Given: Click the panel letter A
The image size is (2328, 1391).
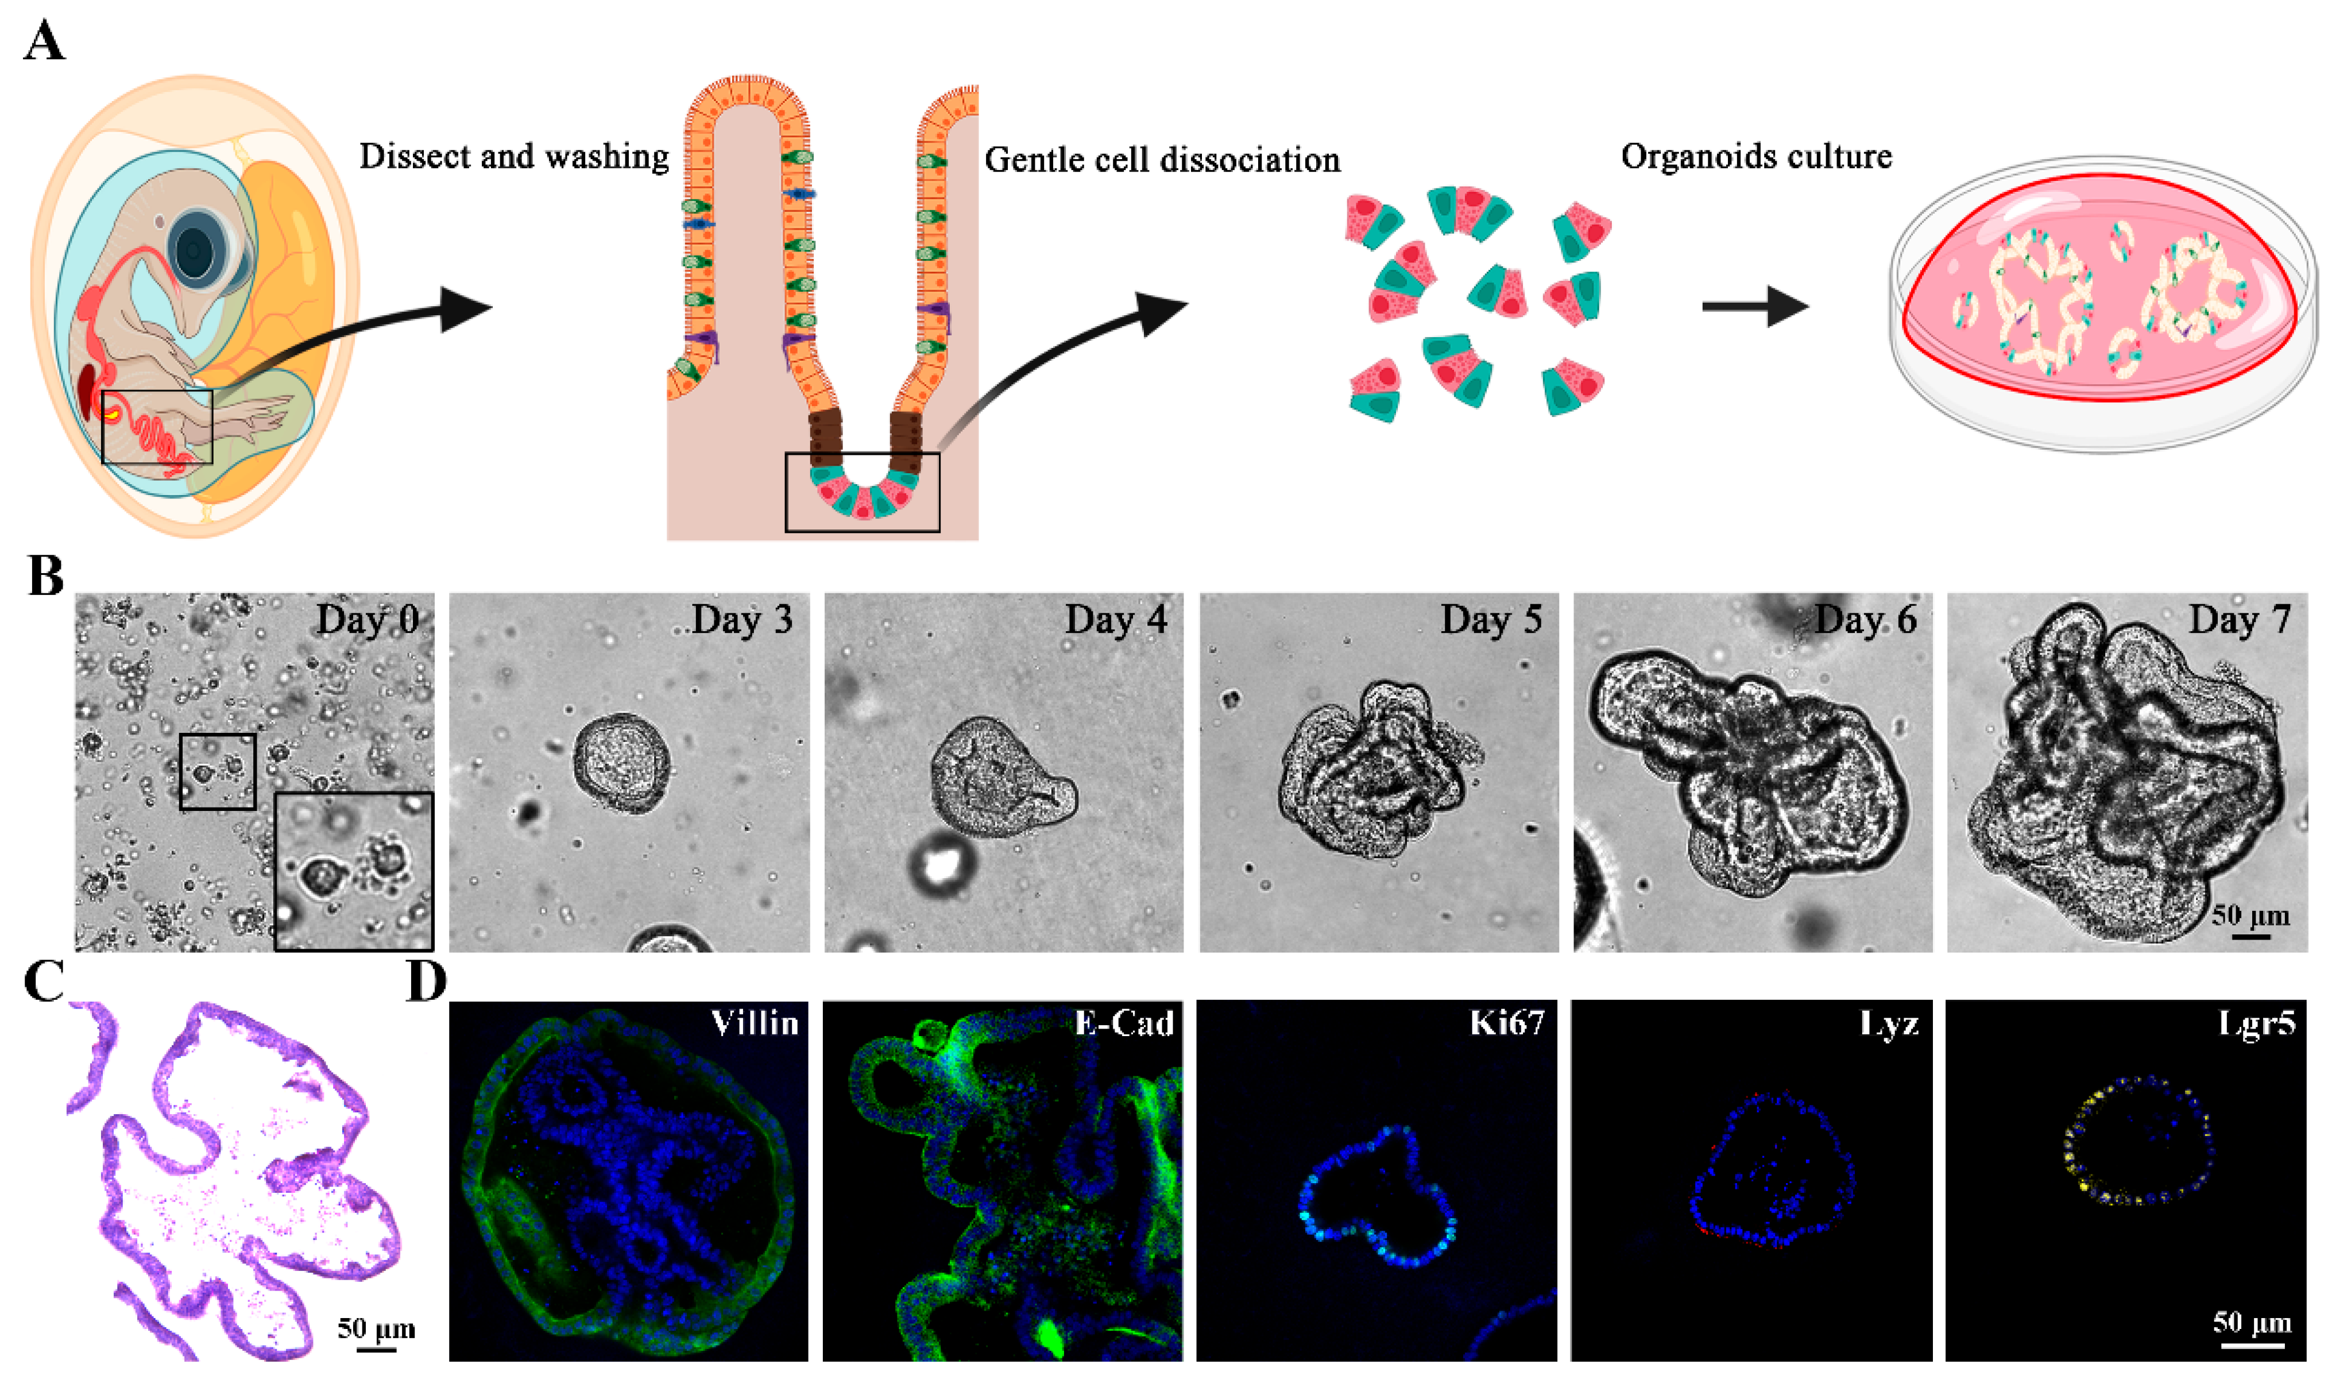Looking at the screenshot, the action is [44, 42].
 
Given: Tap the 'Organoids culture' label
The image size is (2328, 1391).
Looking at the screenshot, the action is [1755, 157].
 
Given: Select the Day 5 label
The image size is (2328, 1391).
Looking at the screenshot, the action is [1490, 620].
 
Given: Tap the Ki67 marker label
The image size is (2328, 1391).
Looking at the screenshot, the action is [1506, 1023].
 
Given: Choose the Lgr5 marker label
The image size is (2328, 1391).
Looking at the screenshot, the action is [2257, 1023].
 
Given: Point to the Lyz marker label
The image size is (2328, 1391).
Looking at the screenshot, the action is [1889, 1023].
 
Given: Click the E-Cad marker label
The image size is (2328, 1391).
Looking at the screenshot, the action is [1124, 1023].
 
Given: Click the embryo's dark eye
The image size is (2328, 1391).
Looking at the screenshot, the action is [196, 250].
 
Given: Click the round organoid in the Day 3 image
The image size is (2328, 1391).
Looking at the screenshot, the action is [621, 763].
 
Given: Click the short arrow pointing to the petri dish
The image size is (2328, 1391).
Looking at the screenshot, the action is [1754, 307].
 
